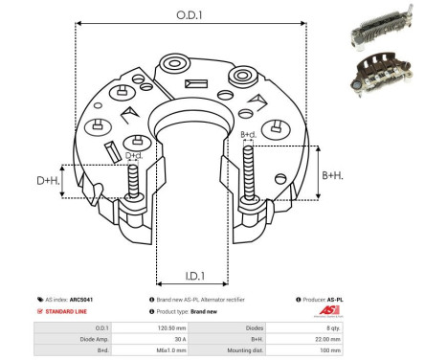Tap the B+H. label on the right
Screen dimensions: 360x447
point(332,175)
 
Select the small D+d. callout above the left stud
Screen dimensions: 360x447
point(135,155)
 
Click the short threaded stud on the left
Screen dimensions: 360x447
point(134,181)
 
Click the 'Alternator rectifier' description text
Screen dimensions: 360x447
point(222,300)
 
